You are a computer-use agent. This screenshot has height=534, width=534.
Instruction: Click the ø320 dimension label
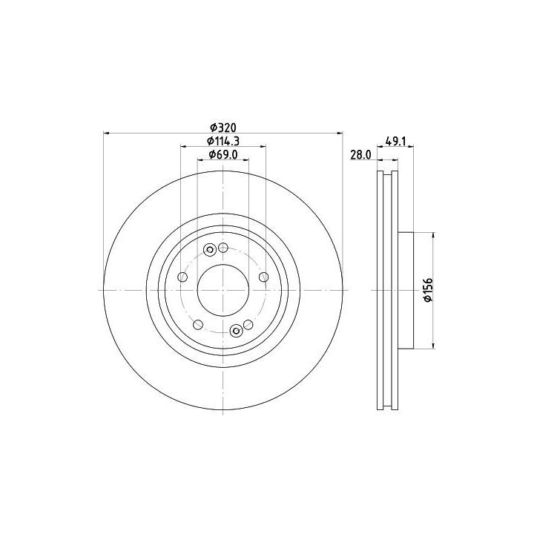[x=223, y=128]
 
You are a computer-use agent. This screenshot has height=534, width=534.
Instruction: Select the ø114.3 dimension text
[x=223, y=141]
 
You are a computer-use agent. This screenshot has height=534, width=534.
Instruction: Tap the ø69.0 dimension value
[x=223, y=154]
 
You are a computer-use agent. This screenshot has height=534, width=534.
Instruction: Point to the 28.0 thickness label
[x=360, y=155]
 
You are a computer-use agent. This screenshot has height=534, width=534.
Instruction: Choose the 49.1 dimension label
[x=395, y=141]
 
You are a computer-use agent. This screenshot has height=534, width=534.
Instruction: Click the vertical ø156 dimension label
[x=428, y=290]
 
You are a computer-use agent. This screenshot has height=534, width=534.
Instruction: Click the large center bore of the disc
[x=223, y=290]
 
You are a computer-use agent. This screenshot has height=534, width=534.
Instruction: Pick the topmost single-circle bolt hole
[x=223, y=248]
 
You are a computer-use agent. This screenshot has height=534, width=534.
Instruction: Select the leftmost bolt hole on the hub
[x=183, y=277]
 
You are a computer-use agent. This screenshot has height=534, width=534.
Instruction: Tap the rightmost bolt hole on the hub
[x=263, y=277]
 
